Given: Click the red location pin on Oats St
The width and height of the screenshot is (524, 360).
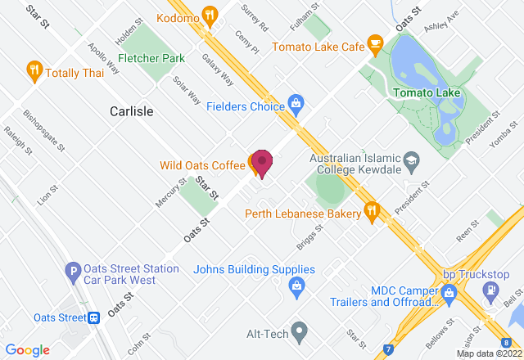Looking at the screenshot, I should [261, 161].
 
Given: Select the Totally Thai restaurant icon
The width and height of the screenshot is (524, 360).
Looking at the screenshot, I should [34, 70].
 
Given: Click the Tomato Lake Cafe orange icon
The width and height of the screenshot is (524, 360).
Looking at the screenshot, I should [376, 43].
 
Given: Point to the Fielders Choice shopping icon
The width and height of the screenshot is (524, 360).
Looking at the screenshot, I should [296, 104].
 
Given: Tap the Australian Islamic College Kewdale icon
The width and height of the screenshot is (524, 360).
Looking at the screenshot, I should [412, 158].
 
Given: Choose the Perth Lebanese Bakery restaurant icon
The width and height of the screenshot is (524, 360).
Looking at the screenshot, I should [372, 211].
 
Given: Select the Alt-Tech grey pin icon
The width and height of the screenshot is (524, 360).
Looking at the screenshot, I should [299, 332].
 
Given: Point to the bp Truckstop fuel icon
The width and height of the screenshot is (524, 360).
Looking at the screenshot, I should [490, 290].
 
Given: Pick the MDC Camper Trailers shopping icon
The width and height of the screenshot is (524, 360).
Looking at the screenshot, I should [448, 291].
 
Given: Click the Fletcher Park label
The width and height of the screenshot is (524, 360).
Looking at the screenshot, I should [151, 58].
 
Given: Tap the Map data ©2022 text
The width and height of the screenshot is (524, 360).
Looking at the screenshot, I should [488, 353].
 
